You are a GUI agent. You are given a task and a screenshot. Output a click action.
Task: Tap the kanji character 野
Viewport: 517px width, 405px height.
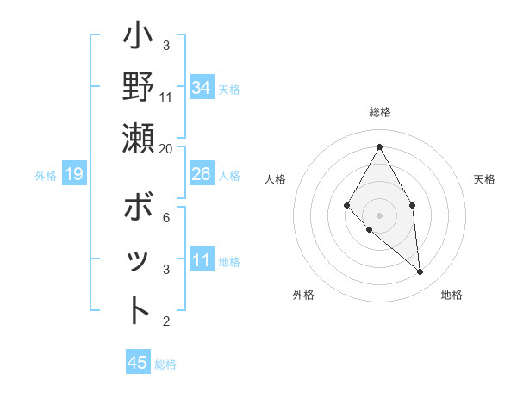tap(138, 87)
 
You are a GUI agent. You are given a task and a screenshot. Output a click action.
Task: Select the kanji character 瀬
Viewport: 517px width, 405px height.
tap(138, 138)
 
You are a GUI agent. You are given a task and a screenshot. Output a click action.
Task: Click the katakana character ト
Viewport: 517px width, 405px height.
tap(138, 310)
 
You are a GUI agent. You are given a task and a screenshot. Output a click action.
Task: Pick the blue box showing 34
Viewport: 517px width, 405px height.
tap(202, 88)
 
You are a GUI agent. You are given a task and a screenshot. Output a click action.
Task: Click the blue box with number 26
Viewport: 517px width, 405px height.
tap(202, 175)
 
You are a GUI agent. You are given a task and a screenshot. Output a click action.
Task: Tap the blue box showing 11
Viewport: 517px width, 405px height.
tap(202, 260)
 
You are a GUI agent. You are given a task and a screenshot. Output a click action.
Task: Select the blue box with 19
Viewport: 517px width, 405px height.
tap(74, 175)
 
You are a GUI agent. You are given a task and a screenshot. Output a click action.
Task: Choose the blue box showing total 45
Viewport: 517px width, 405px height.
tap(138, 363)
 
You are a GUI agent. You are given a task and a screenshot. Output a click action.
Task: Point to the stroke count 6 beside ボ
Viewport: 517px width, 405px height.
tap(166, 218)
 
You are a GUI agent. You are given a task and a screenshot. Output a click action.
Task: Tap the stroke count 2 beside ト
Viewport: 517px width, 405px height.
tap(166, 321)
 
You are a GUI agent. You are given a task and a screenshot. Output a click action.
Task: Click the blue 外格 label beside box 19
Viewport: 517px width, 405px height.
tap(46, 176)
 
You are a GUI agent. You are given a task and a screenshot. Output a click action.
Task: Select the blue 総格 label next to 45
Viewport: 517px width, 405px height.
tap(165, 364)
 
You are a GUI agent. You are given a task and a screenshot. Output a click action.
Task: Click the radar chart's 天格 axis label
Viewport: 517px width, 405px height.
tap(485, 179)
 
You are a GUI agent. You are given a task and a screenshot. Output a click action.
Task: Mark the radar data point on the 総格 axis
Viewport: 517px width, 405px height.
tap(379, 146)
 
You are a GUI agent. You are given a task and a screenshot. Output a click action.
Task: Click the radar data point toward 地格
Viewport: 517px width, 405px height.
tap(420, 271)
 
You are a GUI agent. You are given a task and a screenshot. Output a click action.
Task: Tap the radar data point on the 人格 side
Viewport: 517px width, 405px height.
tap(346, 205)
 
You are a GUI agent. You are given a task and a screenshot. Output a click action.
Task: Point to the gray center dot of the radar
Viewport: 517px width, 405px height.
tap(379, 215)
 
